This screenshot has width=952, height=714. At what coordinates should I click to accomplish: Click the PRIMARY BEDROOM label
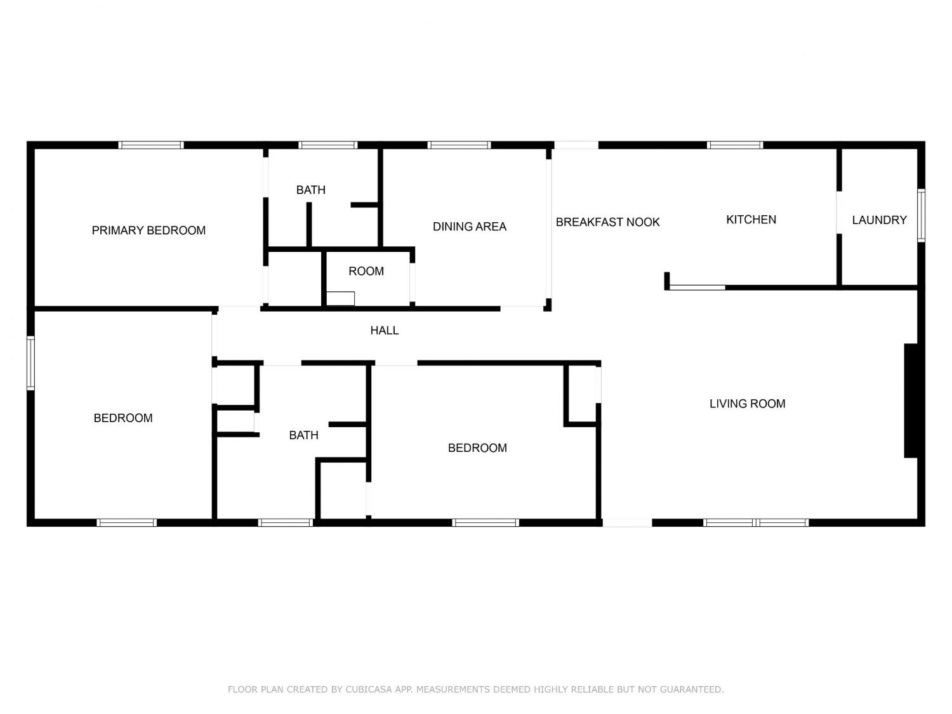149,230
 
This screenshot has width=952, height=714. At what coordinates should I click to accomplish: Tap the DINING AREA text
469,227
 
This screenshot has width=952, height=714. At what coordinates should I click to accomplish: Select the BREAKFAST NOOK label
607,222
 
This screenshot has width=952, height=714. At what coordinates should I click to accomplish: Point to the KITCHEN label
751,220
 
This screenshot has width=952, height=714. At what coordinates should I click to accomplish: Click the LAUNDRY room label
879,220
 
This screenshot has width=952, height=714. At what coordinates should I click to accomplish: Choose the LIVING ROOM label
747,404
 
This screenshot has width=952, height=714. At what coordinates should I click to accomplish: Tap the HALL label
384,330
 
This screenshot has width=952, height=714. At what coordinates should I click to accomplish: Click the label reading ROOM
366,271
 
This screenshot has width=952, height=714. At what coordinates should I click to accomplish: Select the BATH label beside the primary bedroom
310,189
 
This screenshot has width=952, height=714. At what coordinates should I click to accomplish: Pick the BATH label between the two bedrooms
303,435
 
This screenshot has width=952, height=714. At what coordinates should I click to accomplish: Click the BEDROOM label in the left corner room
122,418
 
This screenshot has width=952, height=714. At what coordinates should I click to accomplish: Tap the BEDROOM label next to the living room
477,448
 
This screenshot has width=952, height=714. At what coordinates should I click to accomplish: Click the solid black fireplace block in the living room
910,400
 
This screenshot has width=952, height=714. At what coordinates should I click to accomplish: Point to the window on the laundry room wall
921,215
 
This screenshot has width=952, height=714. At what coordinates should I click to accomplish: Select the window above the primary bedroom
151,145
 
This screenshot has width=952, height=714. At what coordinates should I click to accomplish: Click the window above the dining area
459,145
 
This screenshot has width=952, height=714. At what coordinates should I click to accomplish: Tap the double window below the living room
755,523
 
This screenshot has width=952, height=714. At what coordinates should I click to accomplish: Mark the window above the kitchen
735,145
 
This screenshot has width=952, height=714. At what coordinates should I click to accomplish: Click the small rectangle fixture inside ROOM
340,299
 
